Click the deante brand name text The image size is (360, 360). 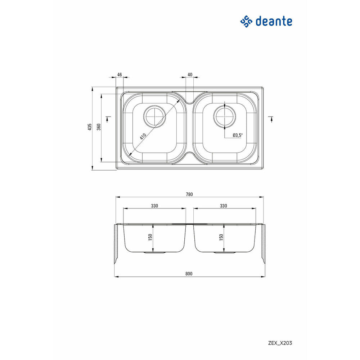click(x=274, y=21)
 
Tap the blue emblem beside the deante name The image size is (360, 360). click(x=246, y=22)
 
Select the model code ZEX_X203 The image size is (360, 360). click(x=280, y=343)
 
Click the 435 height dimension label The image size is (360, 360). click(x=90, y=127)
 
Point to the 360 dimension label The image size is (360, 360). click(x=99, y=127)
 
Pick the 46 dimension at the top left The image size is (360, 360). click(x=120, y=75)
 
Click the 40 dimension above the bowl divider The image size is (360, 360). click(x=190, y=75)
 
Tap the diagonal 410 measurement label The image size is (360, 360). click(x=143, y=136)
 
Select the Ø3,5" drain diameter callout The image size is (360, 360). click(x=237, y=135)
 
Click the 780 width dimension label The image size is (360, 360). click(x=189, y=194)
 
